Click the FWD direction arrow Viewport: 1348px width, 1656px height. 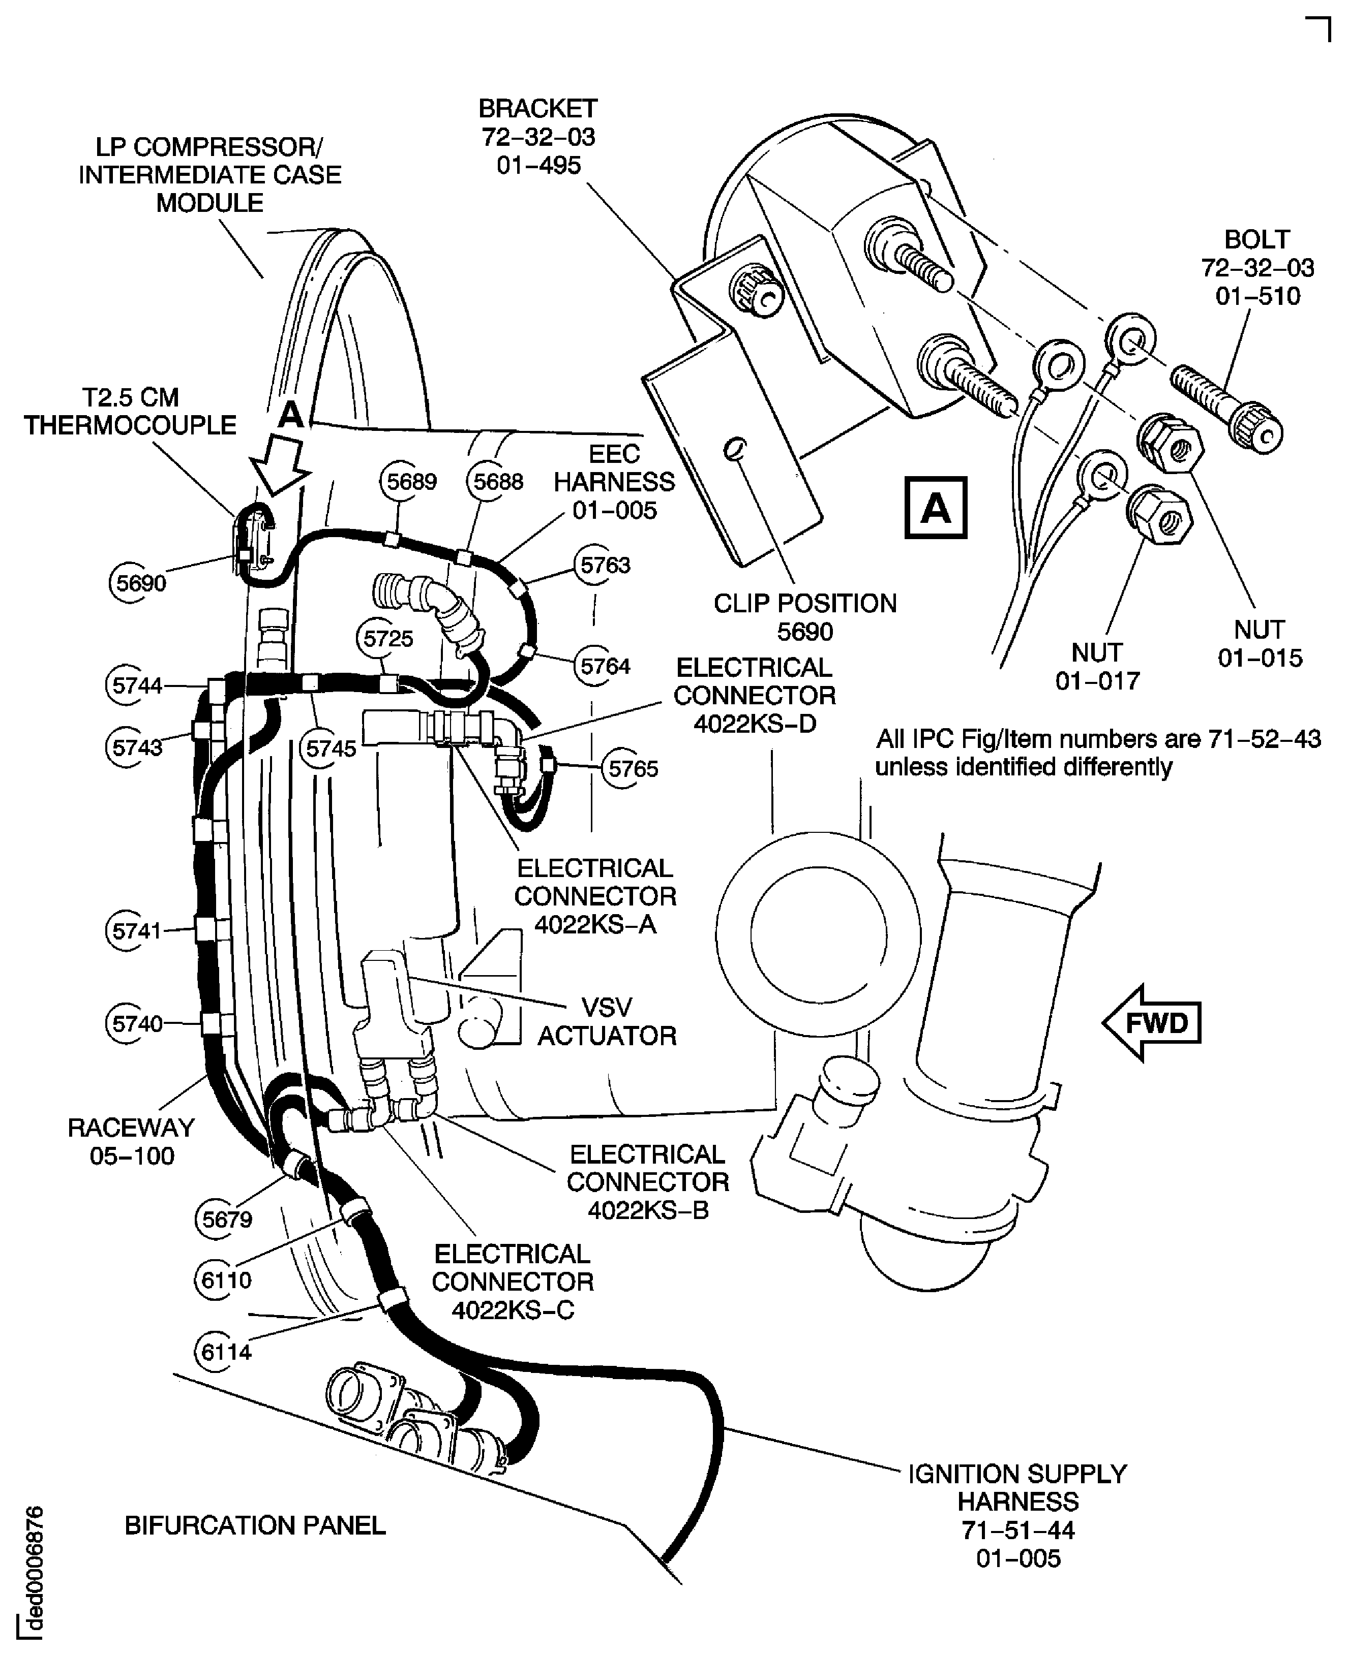point(1152,1023)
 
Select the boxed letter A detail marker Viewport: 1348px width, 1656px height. point(936,508)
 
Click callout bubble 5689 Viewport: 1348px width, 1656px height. point(411,481)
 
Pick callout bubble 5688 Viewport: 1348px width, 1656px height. point(498,481)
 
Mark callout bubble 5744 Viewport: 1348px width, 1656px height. point(137,685)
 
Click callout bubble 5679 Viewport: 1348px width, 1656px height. point(227,1218)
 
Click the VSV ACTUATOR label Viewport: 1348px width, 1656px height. point(607,1021)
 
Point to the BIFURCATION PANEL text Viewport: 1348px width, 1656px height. point(255,1525)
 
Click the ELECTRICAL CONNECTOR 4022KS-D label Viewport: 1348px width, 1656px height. point(754,695)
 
